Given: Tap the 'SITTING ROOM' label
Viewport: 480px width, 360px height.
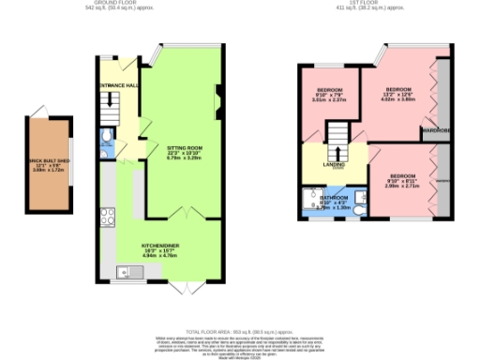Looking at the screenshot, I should (185, 148).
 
